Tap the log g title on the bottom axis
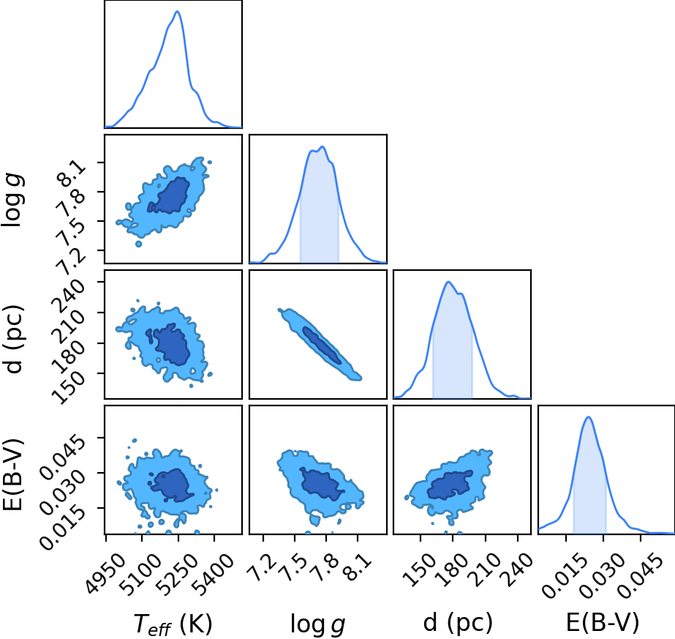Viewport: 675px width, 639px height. pyautogui.click(x=317, y=624)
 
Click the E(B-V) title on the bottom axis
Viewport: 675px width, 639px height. pyautogui.click(x=603, y=623)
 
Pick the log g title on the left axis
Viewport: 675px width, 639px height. pyautogui.click(x=13, y=200)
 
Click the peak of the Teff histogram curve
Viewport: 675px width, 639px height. pyautogui.click(x=177, y=11)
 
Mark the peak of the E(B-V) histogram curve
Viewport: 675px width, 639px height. pyautogui.click(x=588, y=417)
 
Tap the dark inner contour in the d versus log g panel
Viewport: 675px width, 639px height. pyautogui.click(x=322, y=345)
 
